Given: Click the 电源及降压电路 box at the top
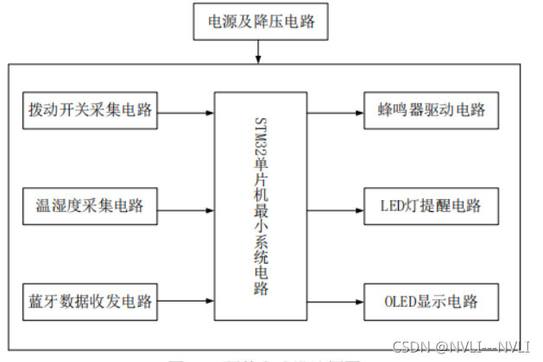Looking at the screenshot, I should coord(260,23).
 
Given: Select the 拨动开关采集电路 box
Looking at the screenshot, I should coord(90,110).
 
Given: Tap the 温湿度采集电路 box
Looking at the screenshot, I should coord(90,206).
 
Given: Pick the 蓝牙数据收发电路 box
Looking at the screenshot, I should coord(90,302).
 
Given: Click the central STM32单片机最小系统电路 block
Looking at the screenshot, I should coord(260,203).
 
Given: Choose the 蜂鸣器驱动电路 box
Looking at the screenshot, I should coord(430,110).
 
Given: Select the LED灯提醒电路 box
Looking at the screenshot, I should coord(430,206).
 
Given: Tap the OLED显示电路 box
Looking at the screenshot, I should coord(430,302).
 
